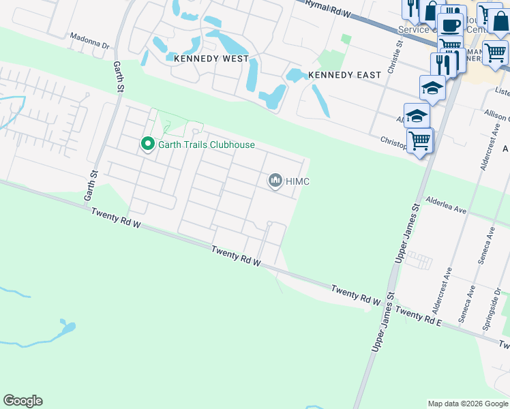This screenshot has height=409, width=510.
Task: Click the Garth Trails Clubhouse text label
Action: point(206,145)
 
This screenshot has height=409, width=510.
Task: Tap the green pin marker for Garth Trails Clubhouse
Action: point(147,145)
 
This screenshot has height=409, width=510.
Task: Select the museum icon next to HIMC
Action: point(275,180)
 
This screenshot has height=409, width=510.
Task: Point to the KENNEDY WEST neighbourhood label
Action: point(211,59)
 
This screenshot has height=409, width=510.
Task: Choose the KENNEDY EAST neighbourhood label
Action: point(344,74)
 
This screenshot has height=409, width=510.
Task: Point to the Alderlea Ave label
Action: point(447,207)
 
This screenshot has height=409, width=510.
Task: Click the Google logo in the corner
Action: point(22,401)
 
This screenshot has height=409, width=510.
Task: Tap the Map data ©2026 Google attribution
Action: point(467,404)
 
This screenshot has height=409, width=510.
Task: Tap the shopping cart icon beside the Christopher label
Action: point(420,140)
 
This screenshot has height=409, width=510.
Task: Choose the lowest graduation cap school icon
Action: point(417,116)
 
